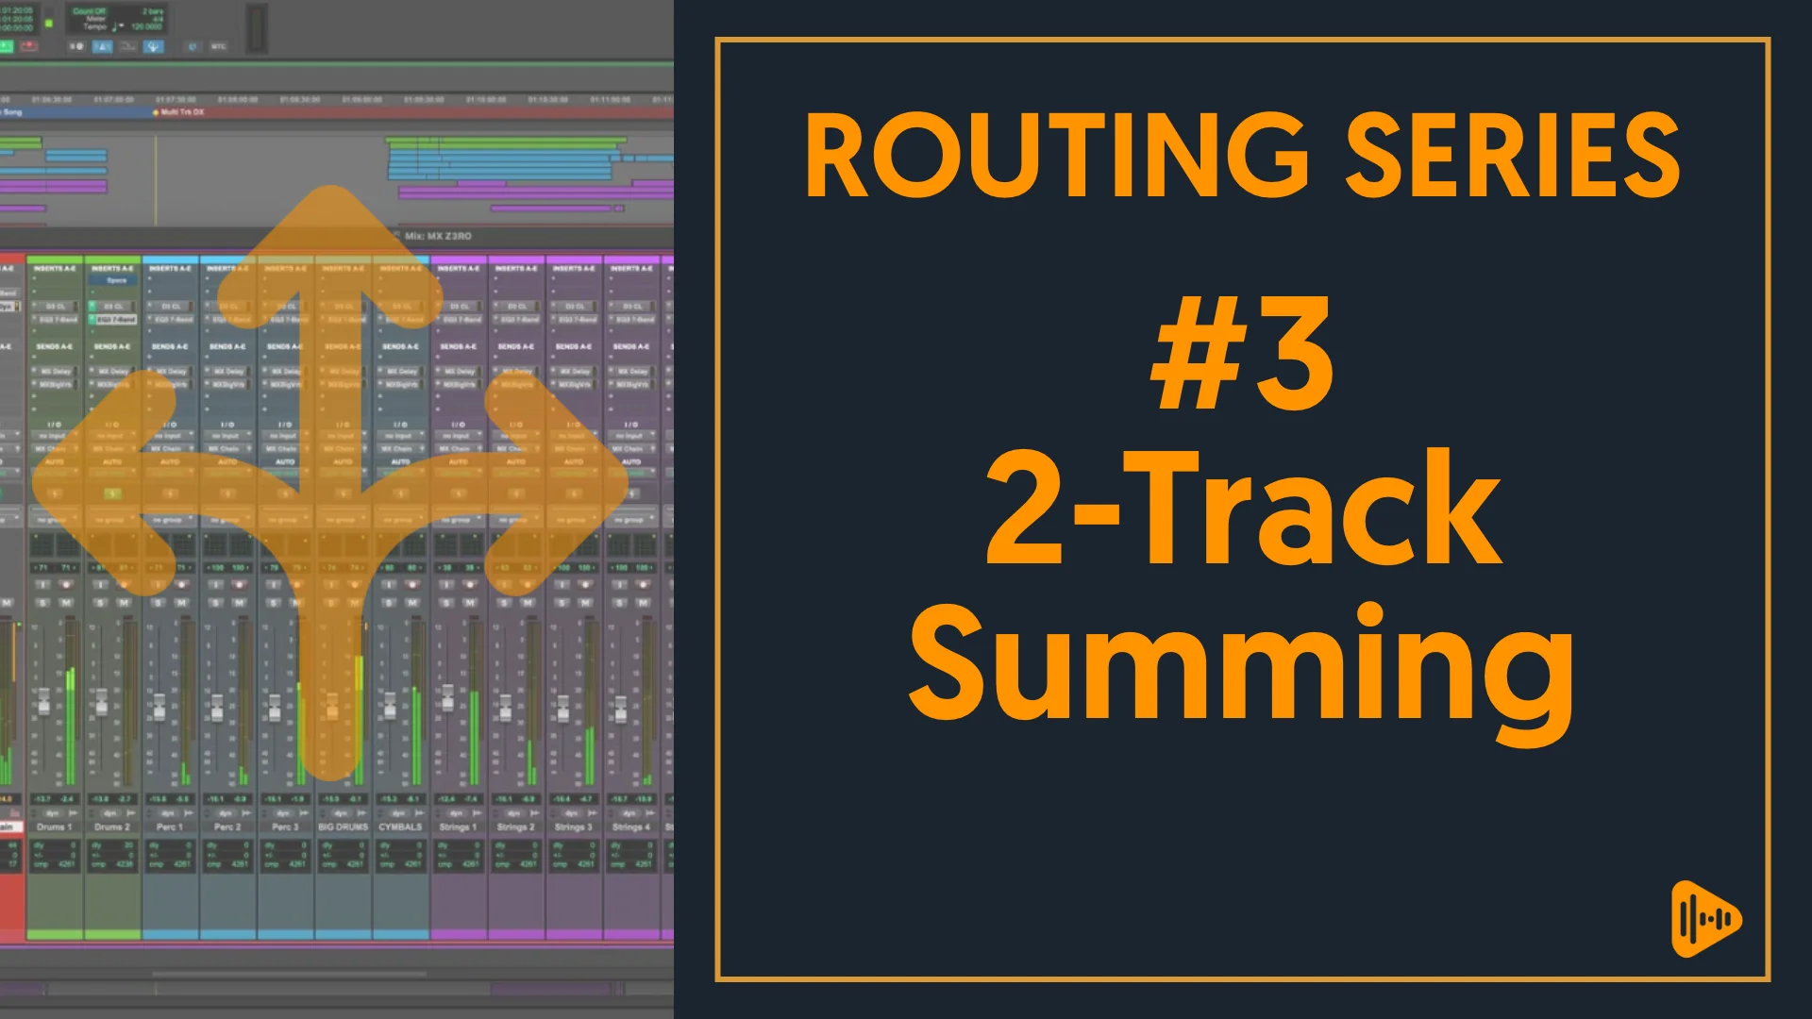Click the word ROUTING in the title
point(1056,156)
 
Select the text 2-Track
point(1243,509)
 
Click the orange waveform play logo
point(1705,919)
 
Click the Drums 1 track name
point(54,827)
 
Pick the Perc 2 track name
point(227,827)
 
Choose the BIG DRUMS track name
point(343,827)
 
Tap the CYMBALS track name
point(400,827)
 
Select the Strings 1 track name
point(459,827)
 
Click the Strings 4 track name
point(631,827)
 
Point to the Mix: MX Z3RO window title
point(438,236)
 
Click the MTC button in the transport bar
point(218,46)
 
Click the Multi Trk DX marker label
point(181,112)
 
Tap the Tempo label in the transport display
point(94,26)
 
